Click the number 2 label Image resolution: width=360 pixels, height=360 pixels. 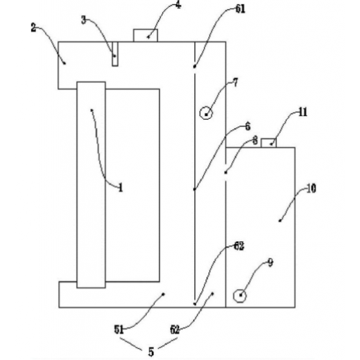(34, 28)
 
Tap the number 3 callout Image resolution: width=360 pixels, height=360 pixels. (84, 20)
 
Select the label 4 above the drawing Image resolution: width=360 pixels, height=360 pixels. (179, 5)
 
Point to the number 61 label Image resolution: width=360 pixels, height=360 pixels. (240, 9)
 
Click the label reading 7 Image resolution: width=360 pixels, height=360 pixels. (236, 82)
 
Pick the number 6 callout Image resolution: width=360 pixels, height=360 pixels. (247, 127)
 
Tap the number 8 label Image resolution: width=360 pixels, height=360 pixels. (255, 141)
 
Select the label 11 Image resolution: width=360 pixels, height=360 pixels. (303, 112)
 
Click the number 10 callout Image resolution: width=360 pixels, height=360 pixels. (311, 188)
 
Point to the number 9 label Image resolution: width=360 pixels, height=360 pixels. (270, 263)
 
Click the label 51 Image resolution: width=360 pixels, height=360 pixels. (119, 330)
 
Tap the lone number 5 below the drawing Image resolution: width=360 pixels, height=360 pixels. (151, 352)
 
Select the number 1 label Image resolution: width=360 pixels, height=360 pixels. (120, 188)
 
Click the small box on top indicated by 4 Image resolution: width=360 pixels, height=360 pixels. (146, 36)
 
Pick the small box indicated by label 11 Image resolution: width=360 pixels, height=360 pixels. (269, 143)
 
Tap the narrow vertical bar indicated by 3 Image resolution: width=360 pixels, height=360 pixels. (115, 54)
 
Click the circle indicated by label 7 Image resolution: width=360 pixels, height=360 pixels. (206, 113)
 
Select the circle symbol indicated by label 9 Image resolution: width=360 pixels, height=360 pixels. (240, 296)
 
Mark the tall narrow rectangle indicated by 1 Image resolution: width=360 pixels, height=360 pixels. (91, 185)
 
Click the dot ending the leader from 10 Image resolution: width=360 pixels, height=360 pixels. (280, 221)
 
